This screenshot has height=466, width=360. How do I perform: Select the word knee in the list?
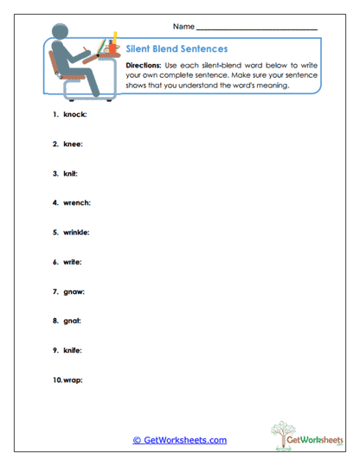(x=73, y=144)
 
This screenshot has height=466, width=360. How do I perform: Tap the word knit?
(x=71, y=174)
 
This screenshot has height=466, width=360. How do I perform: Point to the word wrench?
(x=77, y=203)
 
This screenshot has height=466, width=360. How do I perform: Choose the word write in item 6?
(x=73, y=262)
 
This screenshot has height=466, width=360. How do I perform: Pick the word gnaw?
(x=74, y=291)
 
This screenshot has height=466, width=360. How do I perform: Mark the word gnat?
(x=73, y=321)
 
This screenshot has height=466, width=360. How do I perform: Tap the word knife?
(x=74, y=350)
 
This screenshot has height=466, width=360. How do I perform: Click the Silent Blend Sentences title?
(x=177, y=49)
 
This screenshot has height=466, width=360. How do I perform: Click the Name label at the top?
(x=183, y=27)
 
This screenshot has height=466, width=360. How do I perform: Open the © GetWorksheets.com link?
(x=180, y=440)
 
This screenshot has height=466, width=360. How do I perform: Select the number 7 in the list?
(x=54, y=291)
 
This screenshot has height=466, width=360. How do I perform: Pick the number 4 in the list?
(x=54, y=203)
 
